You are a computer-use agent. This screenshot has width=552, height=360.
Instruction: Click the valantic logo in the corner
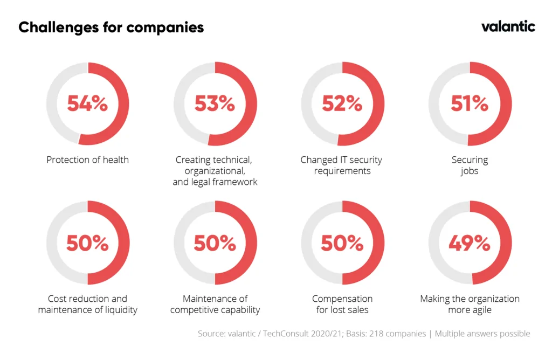(508, 26)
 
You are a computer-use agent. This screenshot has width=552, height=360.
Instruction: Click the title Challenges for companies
(111, 27)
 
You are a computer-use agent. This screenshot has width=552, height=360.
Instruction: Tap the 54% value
(87, 103)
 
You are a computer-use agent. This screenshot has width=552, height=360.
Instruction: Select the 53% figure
(215, 103)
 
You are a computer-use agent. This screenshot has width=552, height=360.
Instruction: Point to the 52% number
(342, 103)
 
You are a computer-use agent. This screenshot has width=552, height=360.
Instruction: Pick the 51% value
(469, 103)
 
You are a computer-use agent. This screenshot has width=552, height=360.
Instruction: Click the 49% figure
(469, 244)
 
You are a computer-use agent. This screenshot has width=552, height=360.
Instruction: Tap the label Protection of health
(87, 160)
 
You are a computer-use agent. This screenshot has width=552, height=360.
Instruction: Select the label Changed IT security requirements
(341, 165)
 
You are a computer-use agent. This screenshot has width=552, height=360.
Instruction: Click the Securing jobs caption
(470, 165)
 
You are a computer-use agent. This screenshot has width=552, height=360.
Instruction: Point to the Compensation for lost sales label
(342, 304)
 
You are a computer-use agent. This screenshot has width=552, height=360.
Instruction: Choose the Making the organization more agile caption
(470, 304)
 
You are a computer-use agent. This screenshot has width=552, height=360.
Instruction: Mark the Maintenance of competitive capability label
(215, 304)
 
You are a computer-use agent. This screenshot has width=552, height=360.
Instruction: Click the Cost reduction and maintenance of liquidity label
(87, 304)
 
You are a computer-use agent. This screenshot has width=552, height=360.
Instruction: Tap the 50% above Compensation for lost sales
(342, 244)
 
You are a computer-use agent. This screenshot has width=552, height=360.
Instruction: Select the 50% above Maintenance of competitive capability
(215, 244)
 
